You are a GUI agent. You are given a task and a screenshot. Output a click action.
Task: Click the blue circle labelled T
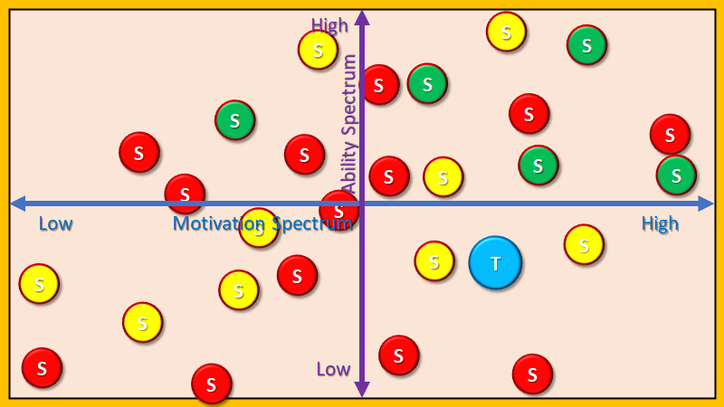pos(495,263)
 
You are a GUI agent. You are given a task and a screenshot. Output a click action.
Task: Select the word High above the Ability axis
pos(329,25)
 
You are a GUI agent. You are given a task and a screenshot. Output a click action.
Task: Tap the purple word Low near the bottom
pos(333,368)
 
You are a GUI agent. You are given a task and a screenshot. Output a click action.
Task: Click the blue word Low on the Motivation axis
pos(56,223)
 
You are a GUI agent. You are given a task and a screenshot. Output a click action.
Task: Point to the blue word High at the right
pos(660,223)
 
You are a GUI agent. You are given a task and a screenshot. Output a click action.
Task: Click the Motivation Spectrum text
pos(262,223)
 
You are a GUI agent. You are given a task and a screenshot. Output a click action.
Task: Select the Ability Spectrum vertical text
pos(349,123)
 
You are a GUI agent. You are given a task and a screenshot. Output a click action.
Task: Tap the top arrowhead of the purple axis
pos(362,16)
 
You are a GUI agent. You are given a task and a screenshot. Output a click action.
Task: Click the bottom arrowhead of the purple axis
pos(362,390)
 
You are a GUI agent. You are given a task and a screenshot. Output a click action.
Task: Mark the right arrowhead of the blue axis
pos(706,203)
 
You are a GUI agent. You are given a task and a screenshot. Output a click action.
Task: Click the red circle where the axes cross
pos(339,210)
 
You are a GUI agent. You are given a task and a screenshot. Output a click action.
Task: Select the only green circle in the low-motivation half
pos(235,120)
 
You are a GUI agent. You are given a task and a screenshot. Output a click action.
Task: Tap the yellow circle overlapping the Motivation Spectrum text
pos(259,228)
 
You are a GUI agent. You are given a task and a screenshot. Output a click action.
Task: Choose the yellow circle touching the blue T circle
pos(434,261)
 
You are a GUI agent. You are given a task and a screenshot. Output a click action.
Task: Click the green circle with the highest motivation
pos(676,175)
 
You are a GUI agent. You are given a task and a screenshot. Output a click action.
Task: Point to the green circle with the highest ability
pos(586,44)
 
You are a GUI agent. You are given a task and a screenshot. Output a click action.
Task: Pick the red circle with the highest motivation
pos(670,134)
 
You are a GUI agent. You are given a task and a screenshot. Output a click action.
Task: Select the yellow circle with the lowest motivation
pos(39,284)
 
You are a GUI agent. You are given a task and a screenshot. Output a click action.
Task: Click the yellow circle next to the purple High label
pos(319,50)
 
